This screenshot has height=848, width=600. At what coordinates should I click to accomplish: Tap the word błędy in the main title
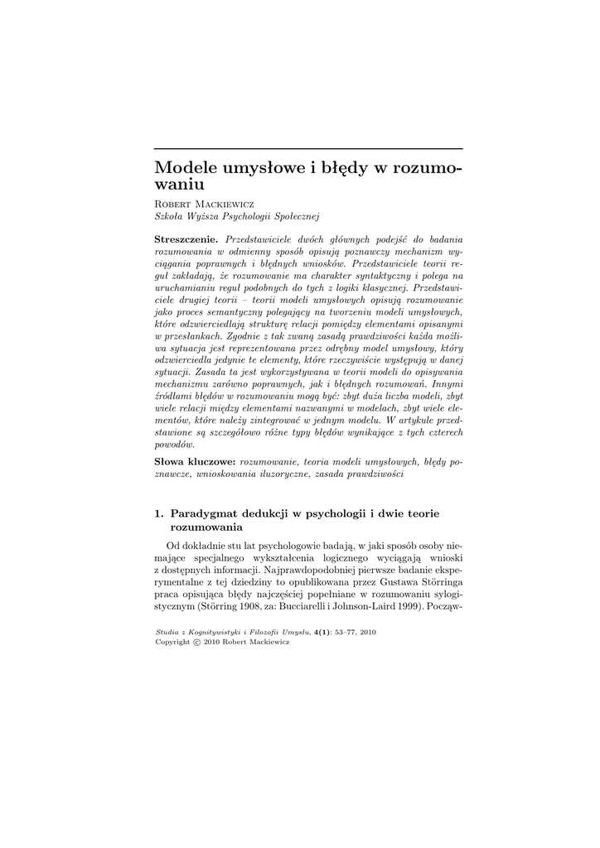pyautogui.click(x=342, y=168)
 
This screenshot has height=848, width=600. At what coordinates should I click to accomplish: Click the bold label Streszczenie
pyautogui.click(x=187, y=238)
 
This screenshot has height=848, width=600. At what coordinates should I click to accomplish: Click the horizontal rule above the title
pyautogui.click(x=309, y=149)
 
